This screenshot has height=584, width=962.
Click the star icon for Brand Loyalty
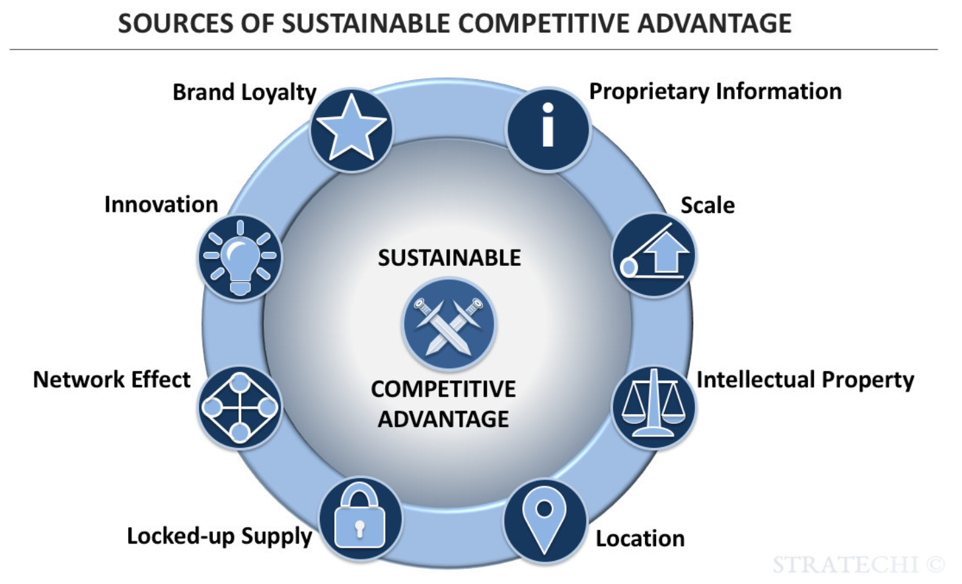pos(351,130)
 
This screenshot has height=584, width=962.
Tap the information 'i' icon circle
pos(548,130)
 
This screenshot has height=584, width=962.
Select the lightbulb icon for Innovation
pos(240,257)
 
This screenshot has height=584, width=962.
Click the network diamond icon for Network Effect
pos(240,407)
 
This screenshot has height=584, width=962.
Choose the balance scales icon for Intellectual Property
pos(653,407)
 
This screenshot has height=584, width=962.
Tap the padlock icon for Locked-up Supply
pos(361,519)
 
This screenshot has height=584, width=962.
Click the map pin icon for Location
pos(544,521)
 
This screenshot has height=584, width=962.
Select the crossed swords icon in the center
pos(449,324)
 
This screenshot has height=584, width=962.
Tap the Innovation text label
pos(161,204)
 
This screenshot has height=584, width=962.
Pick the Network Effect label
pos(112,379)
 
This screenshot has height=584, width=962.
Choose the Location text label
pos(640,539)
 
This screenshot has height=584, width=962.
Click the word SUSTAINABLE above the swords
pos(449,258)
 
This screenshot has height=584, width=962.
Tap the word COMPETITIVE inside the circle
pos(443,389)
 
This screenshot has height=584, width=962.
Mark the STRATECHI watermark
pos(858,564)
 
